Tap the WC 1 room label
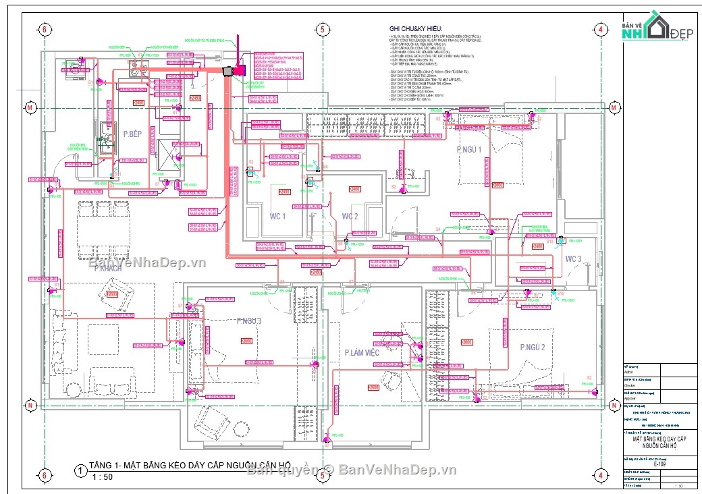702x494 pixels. (x=277, y=217)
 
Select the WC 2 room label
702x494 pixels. (x=350, y=217)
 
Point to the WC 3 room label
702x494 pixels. (x=573, y=258)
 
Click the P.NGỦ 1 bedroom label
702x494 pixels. (x=469, y=150)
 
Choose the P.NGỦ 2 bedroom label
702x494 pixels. (x=533, y=347)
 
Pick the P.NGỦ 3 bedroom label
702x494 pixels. (x=248, y=321)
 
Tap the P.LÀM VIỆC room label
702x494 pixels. (x=362, y=353)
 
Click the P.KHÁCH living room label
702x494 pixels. (x=107, y=268)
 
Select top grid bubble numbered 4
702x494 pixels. (x=599, y=29)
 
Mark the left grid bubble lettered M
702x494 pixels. (x=30, y=108)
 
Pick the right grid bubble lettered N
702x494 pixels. (x=614, y=406)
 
